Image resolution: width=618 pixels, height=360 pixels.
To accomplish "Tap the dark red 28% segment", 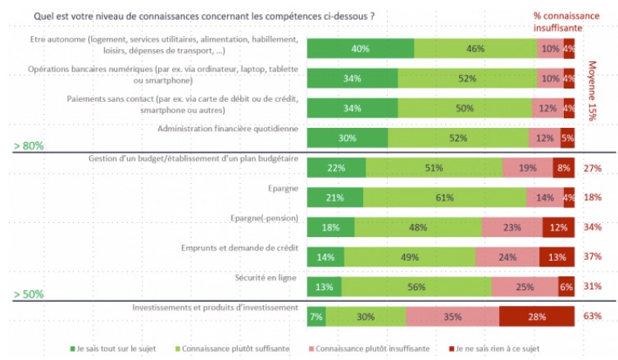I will click(537, 316).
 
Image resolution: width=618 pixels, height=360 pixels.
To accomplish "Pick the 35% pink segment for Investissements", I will click(452, 316).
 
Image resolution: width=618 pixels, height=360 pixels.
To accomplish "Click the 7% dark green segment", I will click(316, 316).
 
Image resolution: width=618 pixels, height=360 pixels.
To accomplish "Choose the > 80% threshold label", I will click(28, 146).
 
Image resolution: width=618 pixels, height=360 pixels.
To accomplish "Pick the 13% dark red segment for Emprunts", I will click(557, 257).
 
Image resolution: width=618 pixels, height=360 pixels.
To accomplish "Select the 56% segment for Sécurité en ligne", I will click(416, 286).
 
